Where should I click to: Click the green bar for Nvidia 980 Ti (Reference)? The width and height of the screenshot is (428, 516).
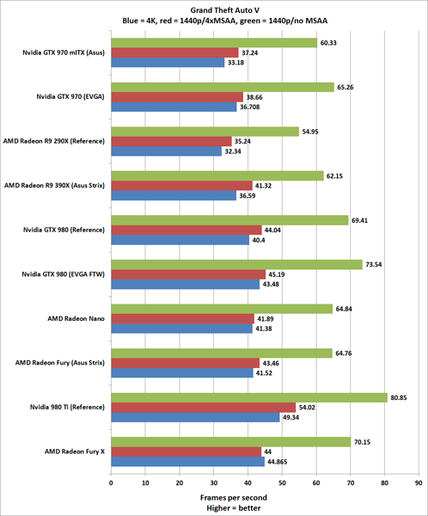click(x=248, y=398)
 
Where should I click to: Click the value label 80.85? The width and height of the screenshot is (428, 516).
click(x=400, y=398)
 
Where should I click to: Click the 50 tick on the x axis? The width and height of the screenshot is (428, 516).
click(x=282, y=482)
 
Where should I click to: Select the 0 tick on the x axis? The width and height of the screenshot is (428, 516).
click(x=111, y=482)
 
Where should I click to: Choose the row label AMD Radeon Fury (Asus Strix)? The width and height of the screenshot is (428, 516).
click(x=64, y=363)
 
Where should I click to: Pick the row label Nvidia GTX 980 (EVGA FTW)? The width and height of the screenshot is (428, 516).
click(x=66, y=274)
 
